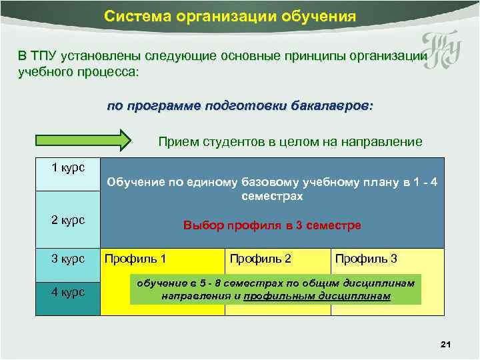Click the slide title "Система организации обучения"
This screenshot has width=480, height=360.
tap(230, 15)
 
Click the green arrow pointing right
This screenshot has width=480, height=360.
tap(83, 141)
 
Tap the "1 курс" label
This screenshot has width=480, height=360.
tap(68, 167)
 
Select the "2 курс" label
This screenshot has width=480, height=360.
tap(68, 221)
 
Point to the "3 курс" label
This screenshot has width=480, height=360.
tap(68, 259)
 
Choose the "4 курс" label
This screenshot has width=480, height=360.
tap(68, 291)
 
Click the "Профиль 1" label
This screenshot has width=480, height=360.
tap(136, 259)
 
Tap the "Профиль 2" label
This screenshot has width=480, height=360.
tap(260, 259)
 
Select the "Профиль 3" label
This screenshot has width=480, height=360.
tap(366, 259)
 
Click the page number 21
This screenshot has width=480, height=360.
tap(446, 344)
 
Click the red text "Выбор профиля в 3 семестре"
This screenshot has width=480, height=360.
tap(272, 225)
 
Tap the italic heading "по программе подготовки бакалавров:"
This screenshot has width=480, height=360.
tap(241, 107)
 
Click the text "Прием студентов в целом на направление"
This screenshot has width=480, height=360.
tap(290, 142)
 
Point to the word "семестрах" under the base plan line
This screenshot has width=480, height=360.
tap(272, 197)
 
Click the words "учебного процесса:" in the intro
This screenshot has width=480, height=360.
tap(79, 71)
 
